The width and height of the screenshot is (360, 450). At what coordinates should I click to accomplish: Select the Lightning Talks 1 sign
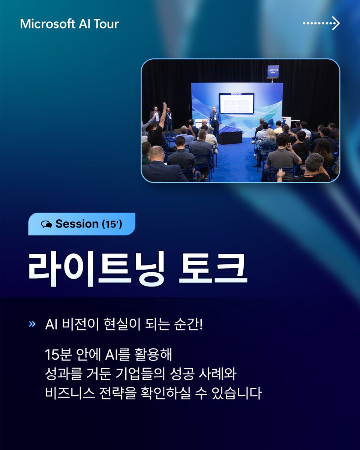(273, 71)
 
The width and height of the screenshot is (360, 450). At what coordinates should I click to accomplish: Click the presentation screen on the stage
(236, 103)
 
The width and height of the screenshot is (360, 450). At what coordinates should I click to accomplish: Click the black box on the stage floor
(229, 137)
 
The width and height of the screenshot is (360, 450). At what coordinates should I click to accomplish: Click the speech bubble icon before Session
(46, 224)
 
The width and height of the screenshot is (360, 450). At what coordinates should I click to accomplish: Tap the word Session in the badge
(77, 224)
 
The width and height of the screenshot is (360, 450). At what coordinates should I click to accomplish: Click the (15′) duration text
(112, 224)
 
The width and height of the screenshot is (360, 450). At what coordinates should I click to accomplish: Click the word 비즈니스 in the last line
(68, 394)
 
